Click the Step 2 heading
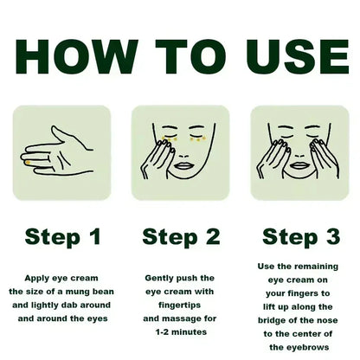[180, 236]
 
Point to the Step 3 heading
[299, 236]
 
